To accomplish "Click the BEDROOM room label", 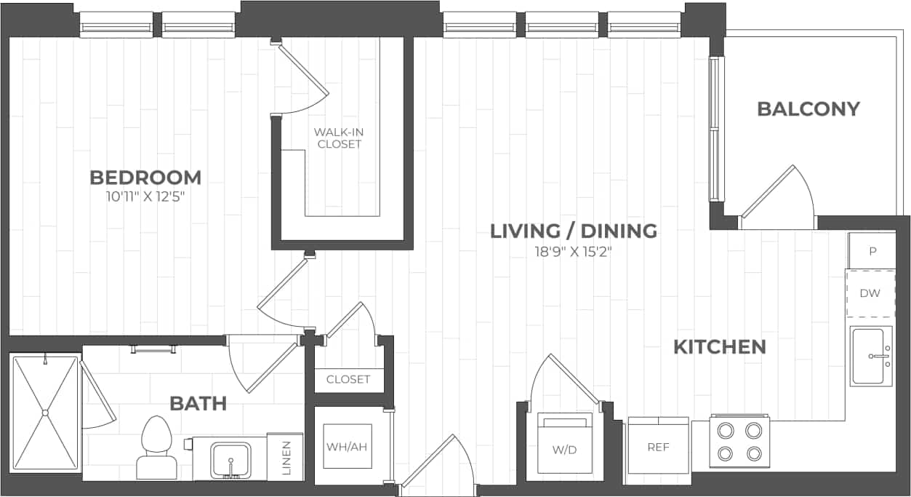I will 145,177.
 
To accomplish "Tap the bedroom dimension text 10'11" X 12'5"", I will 145,196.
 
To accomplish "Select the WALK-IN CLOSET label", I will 339,138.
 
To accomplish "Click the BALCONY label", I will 808,109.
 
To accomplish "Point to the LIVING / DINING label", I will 573,231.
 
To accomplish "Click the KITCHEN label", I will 719,347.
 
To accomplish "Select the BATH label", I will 198,402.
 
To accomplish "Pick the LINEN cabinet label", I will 286,458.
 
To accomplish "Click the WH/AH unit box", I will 347,446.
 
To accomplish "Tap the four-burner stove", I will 739,442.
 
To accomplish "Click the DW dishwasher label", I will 870,293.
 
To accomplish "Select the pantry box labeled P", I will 872,251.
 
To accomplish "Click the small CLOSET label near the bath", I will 348,379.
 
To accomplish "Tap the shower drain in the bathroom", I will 45,413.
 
